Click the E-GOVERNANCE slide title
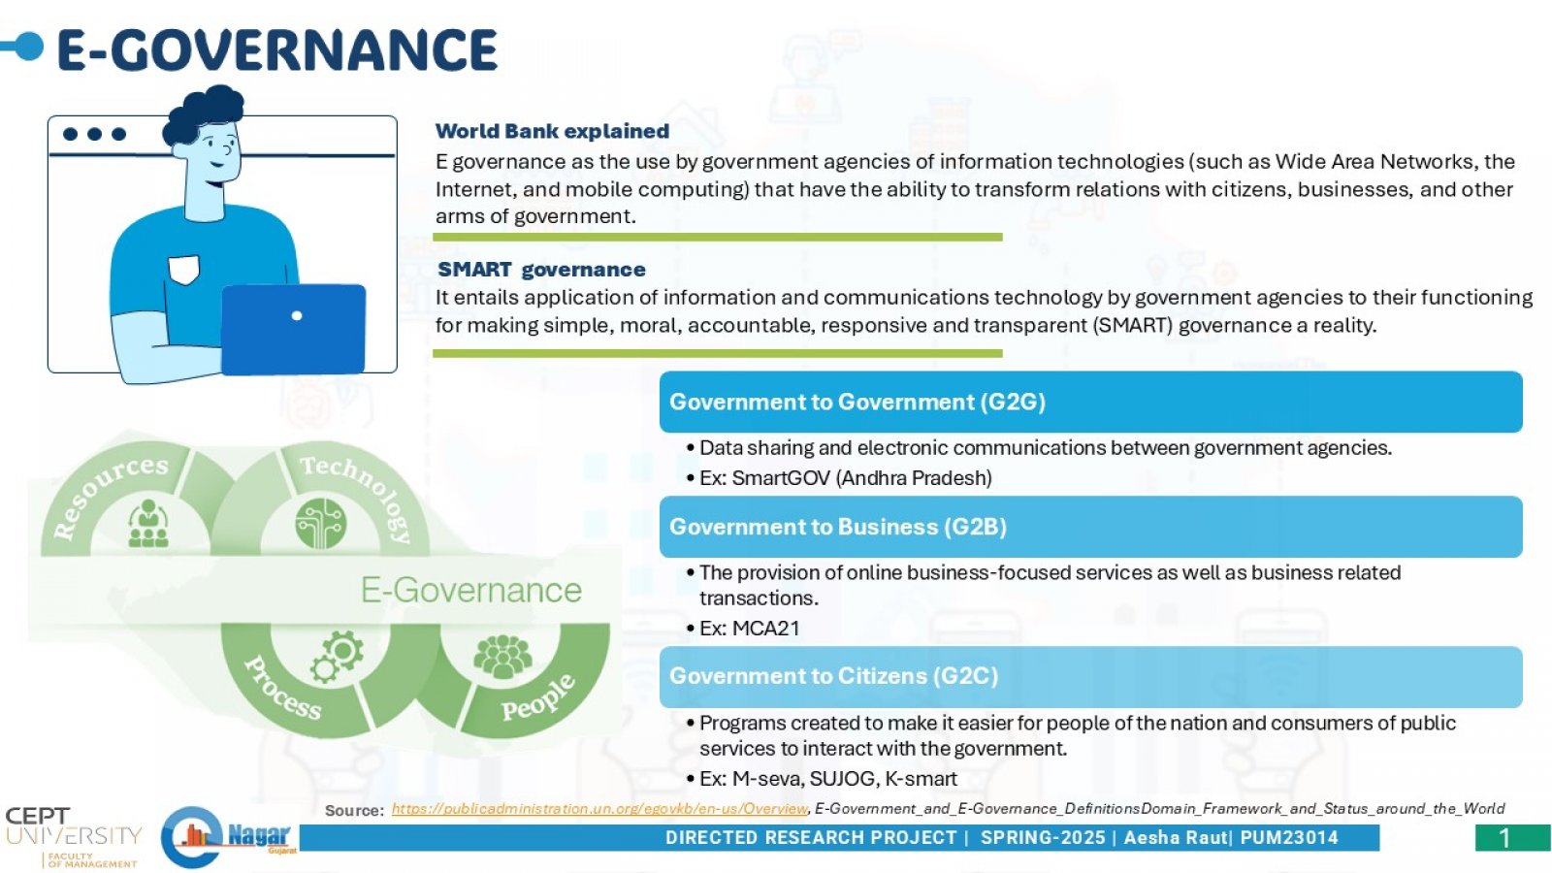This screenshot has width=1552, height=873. [x=277, y=49]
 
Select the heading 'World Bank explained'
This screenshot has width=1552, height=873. [x=552, y=131]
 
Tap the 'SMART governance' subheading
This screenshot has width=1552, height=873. [x=541, y=270]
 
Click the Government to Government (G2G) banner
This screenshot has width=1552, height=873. [x=1090, y=402]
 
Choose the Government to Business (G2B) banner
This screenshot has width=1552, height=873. [x=1090, y=527]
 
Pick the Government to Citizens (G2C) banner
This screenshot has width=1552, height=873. [x=1090, y=677]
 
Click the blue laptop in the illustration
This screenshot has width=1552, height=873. [x=293, y=329]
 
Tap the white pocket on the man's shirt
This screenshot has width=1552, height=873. [x=184, y=270]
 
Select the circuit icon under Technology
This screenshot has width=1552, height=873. [x=320, y=523]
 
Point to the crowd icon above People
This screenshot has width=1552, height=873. [x=503, y=656]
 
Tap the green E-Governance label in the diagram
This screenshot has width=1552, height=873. [x=471, y=591]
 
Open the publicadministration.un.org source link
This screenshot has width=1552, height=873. [x=599, y=809]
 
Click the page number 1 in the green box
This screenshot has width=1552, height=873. [x=1504, y=838]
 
